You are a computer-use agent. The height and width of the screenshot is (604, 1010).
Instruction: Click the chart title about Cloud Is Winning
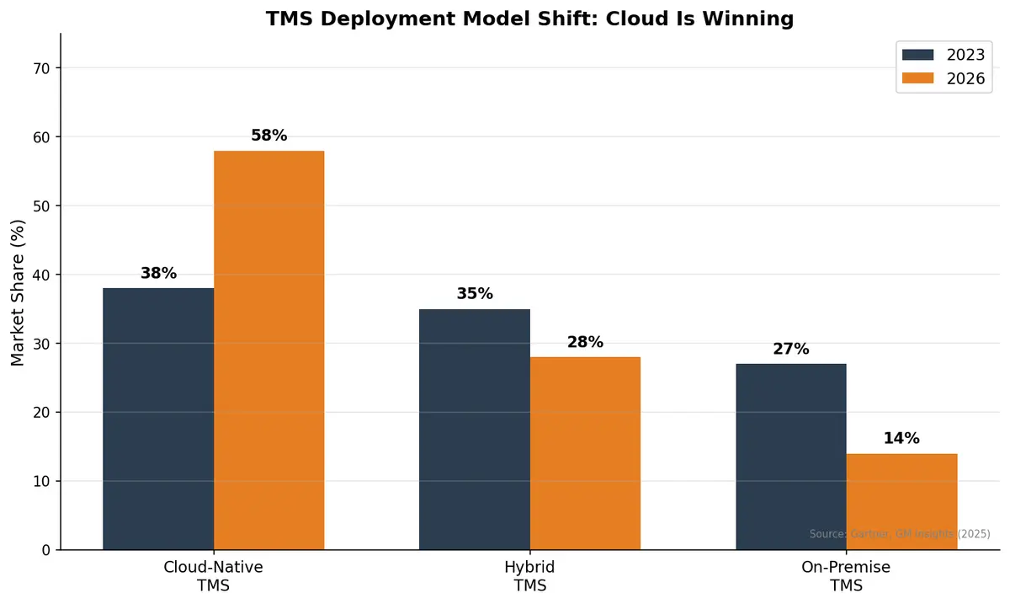point(529,19)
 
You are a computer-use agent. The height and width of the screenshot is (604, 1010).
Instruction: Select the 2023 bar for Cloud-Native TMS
point(158,419)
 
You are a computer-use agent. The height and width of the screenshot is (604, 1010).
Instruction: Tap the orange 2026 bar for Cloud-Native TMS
point(268,350)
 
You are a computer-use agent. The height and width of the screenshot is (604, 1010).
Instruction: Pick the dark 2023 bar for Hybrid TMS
point(475,430)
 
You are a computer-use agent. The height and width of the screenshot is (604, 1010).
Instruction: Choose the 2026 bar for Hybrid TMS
point(585,453)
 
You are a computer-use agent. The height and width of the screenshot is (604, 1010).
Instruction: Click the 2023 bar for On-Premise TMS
point(790,457)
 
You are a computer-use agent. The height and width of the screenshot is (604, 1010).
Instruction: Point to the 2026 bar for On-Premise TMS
point(901,501)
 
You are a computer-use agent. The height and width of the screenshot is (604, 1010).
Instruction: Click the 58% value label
point(268,136)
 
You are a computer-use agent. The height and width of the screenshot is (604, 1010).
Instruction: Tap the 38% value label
point(158,274)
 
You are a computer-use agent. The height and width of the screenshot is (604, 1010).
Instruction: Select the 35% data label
point(475,294)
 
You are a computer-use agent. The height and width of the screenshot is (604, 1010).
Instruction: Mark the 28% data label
point(585,342)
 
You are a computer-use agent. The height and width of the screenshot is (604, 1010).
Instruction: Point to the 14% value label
point(901,439)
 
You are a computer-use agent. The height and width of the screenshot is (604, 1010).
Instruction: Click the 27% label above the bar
point(790,349)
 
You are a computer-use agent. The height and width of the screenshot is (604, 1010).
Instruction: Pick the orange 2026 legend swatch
point(917,78)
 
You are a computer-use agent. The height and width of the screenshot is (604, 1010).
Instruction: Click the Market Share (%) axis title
point(19,292)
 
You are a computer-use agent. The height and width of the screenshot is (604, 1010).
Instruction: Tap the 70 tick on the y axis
point(41,68)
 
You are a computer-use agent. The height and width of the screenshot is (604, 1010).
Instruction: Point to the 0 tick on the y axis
point(45,550)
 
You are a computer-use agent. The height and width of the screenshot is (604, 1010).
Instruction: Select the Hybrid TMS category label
point(529,576)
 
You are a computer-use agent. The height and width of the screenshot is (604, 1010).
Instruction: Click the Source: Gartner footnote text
point(899,534)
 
